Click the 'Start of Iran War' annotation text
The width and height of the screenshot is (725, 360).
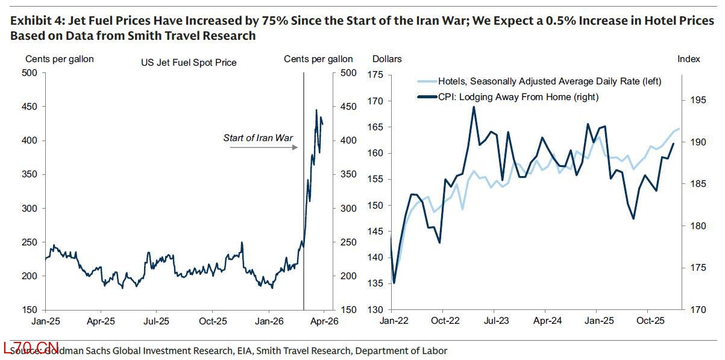click(x=258, y=138)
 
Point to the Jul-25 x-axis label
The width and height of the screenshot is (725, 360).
click(x=157, y=321)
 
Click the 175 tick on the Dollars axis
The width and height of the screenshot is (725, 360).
click(x=376, y=75)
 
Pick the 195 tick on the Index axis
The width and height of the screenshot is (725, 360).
click(x=695, y=100)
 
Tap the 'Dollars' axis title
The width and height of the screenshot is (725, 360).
click(x=387, y=59)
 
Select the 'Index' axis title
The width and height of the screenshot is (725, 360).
click(x=689, y=59)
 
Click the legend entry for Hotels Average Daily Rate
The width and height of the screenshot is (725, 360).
click(x=539, y=81)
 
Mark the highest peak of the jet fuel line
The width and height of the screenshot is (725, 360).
click(x=316, y=110)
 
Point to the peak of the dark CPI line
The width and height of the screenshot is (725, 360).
click(x=474, y=107)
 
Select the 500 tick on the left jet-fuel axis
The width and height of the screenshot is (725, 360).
click(x=30, y=73)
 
